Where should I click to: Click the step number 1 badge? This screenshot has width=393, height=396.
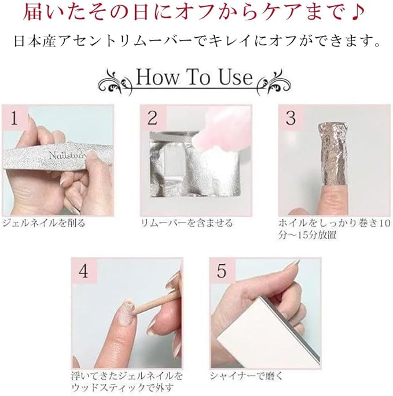14,118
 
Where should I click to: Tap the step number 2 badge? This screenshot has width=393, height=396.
153,118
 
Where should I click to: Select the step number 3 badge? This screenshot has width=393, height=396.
291,118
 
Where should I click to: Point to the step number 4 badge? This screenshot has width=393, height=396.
84,271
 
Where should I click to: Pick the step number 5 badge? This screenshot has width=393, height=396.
222,271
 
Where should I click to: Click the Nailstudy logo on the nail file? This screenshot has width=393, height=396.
68,155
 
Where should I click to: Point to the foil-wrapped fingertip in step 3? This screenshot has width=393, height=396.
333,153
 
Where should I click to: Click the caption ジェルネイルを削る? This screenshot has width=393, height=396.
44,223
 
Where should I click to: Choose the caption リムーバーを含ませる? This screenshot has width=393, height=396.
186,223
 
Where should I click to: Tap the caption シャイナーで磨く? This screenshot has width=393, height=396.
247,376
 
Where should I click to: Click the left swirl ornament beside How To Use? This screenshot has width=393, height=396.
115,83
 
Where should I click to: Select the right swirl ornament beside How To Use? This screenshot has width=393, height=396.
274,83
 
